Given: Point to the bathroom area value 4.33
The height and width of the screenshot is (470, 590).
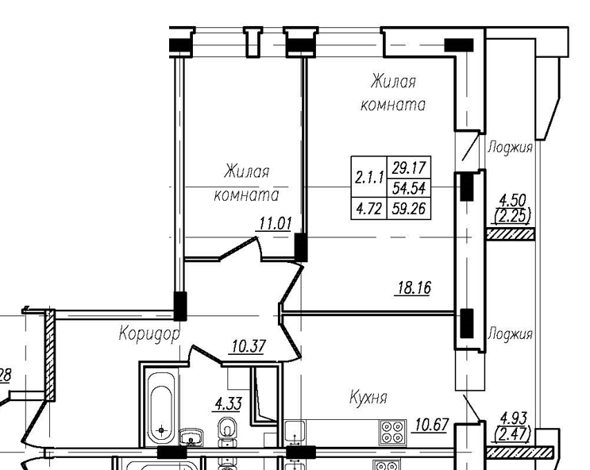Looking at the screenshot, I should click(x=228, y=404).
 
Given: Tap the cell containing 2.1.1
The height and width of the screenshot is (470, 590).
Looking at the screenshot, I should click(x=370, y=179).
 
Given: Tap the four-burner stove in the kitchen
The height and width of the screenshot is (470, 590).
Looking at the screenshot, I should click(x=391, y=431).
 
